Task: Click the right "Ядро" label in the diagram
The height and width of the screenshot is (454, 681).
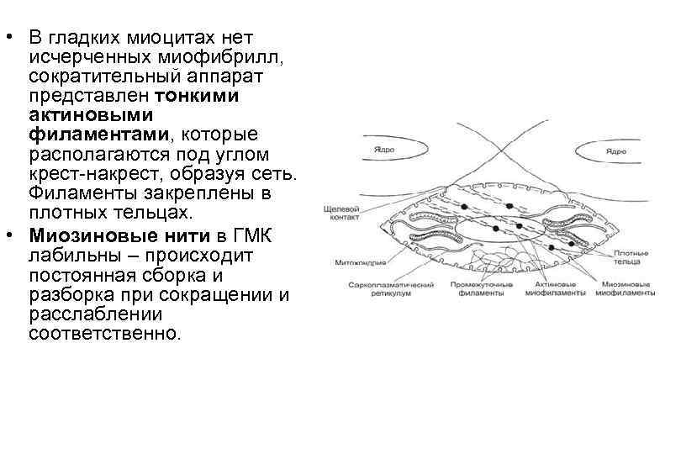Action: coord(615,151)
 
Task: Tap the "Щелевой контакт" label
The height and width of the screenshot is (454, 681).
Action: coord(341,210)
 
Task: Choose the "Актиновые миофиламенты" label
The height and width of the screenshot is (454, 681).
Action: coord(556,288)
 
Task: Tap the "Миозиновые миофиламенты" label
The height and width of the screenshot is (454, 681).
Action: coord(625,288)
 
